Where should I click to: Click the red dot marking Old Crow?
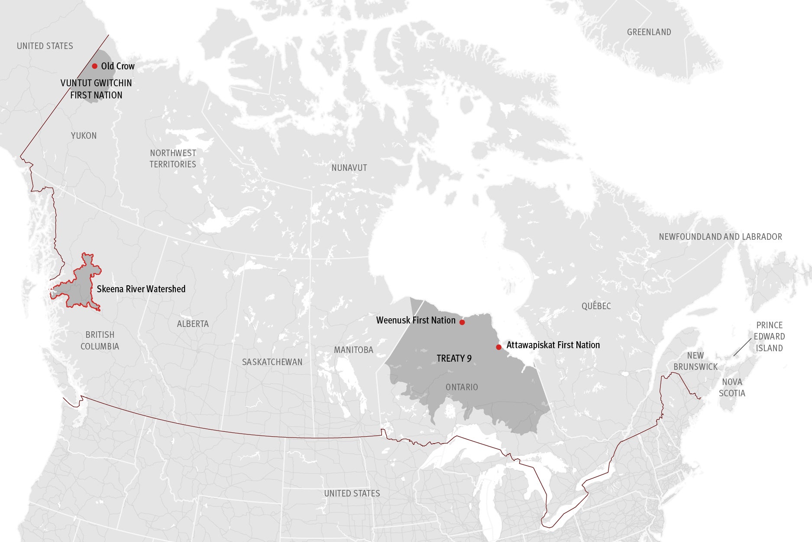coord(94,66)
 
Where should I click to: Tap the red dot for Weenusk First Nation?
coord(462,322)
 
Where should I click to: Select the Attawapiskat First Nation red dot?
coord(498,347)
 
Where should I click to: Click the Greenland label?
coord(649,32)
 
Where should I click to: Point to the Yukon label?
coord(84,136)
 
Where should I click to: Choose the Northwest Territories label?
coord(173,159)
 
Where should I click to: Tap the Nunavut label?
coord(349,168)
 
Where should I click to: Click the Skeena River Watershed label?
coord(141,289)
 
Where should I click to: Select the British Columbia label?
coord(100,340)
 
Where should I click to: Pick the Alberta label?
coord(193,324)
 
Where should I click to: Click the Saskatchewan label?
coord(272,362)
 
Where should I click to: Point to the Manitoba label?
coord(353,350)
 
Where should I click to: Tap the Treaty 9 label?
coord(454,359)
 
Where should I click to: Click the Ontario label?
coord(462,387)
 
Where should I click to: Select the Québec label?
coord(596,306)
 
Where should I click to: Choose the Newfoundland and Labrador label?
coord(720,237)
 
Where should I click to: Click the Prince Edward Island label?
coord(769,336)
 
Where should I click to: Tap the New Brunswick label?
coord(696,361)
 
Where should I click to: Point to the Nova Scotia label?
coord(732,388)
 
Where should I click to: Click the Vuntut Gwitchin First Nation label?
coord(96,89)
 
